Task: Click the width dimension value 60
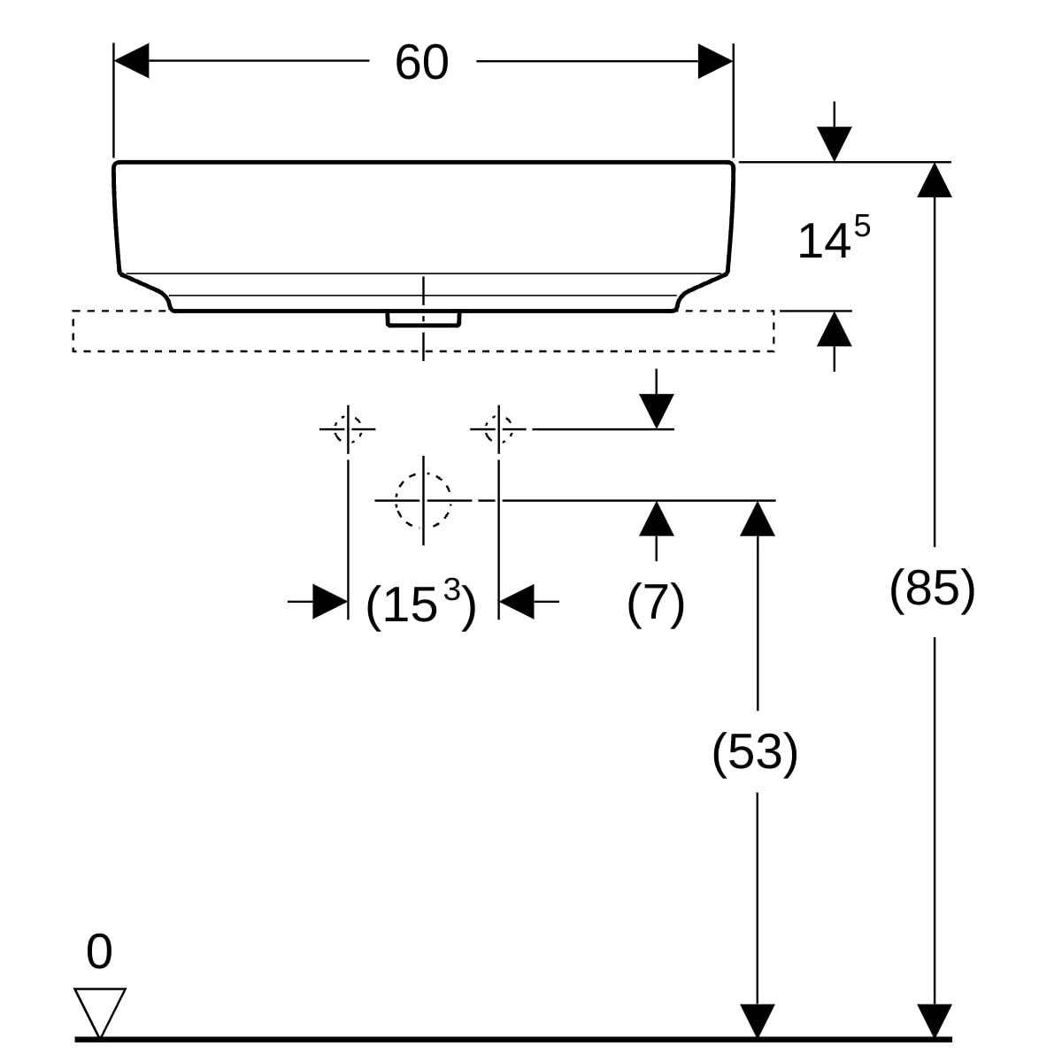tap(422, 63)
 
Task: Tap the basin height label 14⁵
tap(833, 240)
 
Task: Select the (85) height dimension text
tap(932, 588)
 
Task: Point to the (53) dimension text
tap(755, 752)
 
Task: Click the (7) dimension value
tap(656, 604)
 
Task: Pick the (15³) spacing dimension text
tap(421, 604)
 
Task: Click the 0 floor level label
tap(99, 952)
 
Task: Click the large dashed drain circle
tap(423, 500)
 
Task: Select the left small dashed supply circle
tap(348, 429)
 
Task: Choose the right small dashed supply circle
tap(499, 429)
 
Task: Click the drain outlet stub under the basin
tap(423, 319)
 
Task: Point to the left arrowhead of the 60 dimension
tap(132, 61)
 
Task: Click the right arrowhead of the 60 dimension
tap(715, 61)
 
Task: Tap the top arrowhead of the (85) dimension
tap(935, 180)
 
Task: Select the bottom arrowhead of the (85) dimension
tap(935, 1020)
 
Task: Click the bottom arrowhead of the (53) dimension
tap(758, 1020)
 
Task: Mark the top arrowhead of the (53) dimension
tap(758, 519)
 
